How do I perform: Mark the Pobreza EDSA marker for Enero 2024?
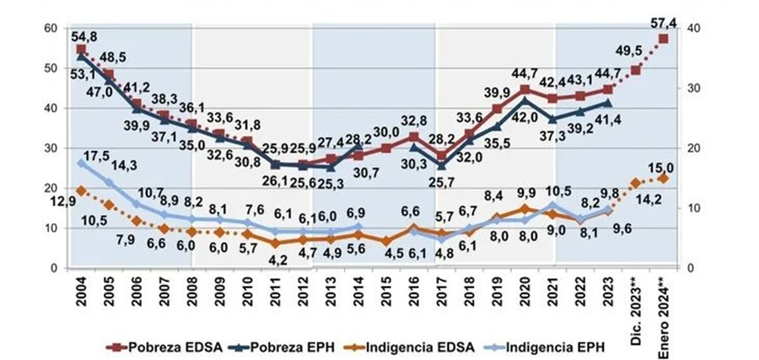click(664, 39)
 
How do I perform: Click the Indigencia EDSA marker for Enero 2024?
click(664, 178)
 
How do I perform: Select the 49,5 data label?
click(626, 51)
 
